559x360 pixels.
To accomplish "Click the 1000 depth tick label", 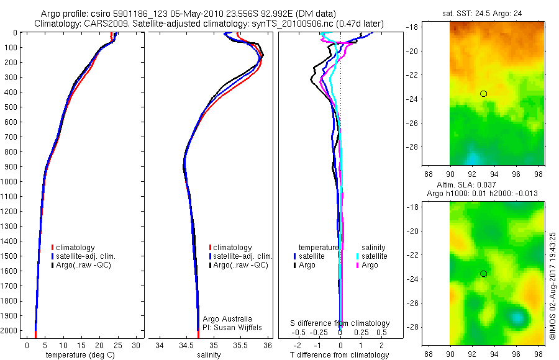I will pyautogui.click(x=11, y=181).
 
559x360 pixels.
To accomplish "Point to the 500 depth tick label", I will pyautogui.click(x=13, y=107).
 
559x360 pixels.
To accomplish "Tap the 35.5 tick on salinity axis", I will pyautogui.click(x=240, y=344).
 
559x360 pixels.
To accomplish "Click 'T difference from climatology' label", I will pyautogui.click(x=340, y=355).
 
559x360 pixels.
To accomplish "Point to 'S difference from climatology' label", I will pyautogui.click(x=340, y=323).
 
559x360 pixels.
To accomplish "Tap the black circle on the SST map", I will pyautogui.click(x=483, y=94).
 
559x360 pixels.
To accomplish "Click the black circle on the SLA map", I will pyautogui.click(x=483, y=273).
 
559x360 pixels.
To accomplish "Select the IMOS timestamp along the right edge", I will pyautogui.click(x=553, y=287).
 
